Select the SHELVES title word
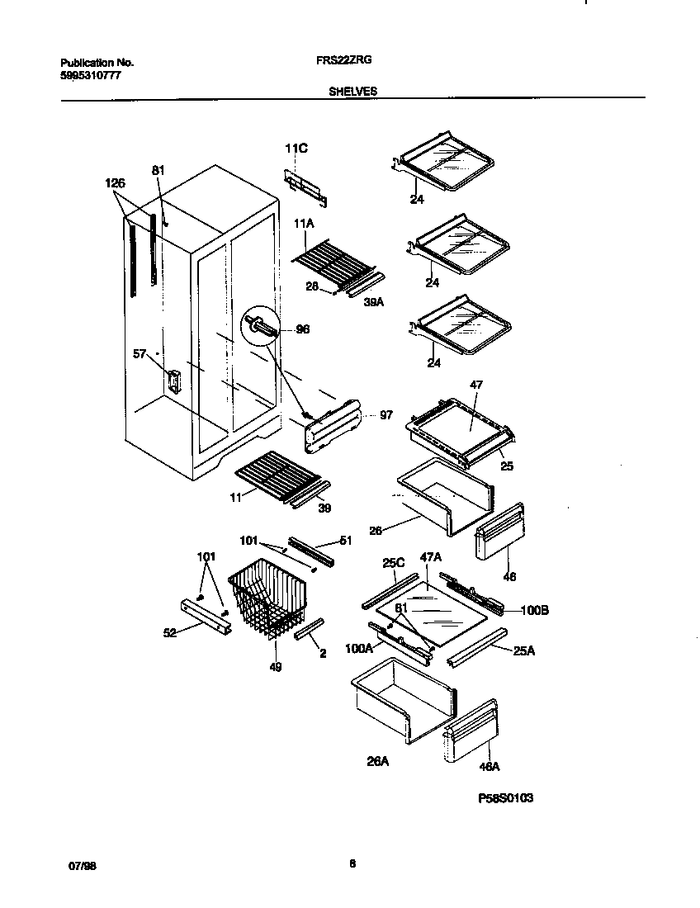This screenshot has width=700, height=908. point(352,92)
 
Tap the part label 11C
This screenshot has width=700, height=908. point(296,149)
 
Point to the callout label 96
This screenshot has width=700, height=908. point(302,329)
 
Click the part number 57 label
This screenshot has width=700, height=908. point(140,354)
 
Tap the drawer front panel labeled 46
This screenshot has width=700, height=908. point(499,533)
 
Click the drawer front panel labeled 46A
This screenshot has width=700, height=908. point(471,731)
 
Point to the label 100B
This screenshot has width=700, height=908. point(535,611)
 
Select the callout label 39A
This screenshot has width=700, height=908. point(374,302)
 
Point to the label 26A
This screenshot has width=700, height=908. point(377,762)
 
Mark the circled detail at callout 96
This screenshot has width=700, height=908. point(257,326)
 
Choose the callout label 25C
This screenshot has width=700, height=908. point(393,562)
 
